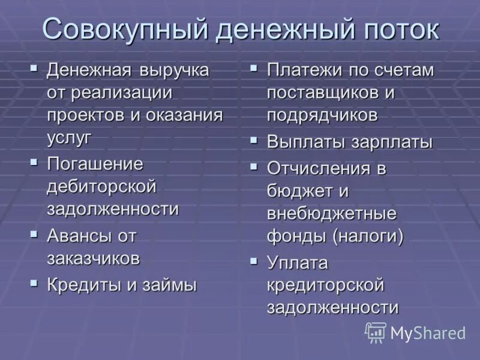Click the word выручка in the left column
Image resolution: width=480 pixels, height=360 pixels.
click(x=175, y=70)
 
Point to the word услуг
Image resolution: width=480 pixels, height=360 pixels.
click(x=70, y=137)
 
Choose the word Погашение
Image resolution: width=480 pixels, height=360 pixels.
click(x=95, y=164)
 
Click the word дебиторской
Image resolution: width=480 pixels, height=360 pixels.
click(x=101, y=186)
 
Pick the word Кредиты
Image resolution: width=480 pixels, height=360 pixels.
click(x=85, y=285)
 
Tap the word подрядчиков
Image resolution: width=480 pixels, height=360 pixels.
click(x=322, y=115)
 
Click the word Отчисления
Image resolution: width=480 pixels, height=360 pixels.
click(x=320, y=169)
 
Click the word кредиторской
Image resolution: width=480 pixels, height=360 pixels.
click(x=325, y=285)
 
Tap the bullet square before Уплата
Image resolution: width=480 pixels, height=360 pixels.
click(x=254, y=261)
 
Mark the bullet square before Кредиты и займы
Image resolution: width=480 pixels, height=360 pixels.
click(x=34, y=282)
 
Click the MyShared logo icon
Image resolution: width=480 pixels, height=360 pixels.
click(x=376, y=332)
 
